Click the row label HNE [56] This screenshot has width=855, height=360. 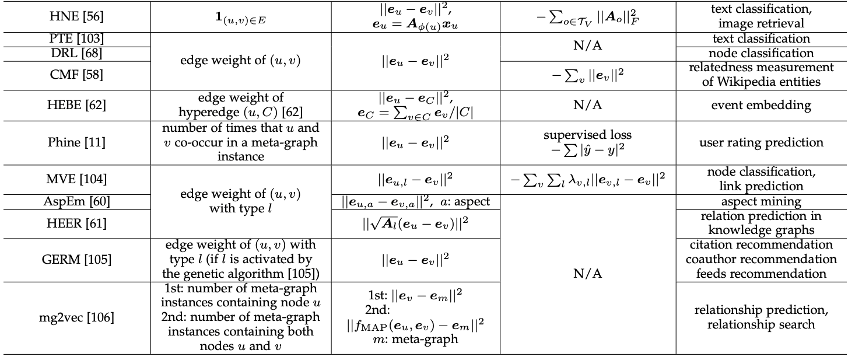tap(76, 17)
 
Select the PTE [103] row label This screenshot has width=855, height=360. tap(76, 39)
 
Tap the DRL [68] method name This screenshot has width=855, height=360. tap(76, 53)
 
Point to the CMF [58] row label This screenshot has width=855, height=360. tap(76, 75)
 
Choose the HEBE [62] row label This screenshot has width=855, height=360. tap(76, 106)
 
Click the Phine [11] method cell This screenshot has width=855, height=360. tap(76, 143)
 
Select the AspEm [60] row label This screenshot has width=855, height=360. tap(76, 202)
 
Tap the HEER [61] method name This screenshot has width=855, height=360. tap(76, 223)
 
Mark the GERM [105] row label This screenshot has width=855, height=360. tap(76, 259)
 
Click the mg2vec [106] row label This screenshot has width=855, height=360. tap(76, 317)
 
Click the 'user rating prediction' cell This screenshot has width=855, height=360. tap(761, 143)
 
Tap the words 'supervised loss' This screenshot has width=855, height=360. tap(588, 135)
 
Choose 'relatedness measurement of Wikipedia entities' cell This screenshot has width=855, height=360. tap(761, 75)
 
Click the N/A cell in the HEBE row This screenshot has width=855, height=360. tap(588, 106)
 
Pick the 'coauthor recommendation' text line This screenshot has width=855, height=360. tap(761, 259)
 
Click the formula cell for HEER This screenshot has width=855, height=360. tap(415, 223)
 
